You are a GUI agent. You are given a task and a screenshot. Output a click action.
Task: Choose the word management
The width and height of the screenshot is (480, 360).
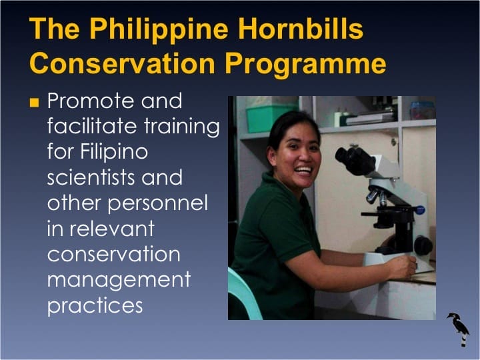[x=119, y=279]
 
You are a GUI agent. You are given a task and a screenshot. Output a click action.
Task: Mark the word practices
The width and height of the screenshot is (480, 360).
[x=95, y=305]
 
